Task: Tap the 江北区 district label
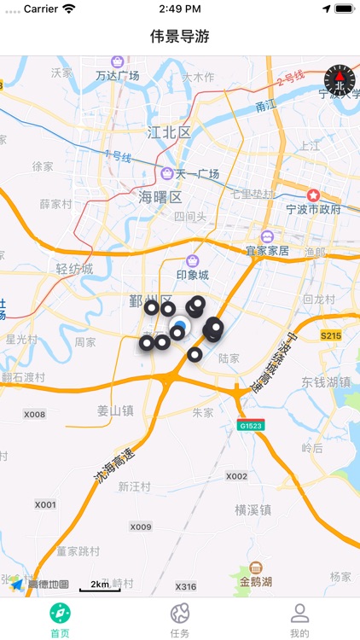point(169,132)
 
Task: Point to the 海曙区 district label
point(160,197)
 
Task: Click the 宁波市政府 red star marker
point(313,195)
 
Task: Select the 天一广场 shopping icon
point(167,174)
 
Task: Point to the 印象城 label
point(192,275)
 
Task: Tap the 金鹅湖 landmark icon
point(256,568)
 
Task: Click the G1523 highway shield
point(250,424)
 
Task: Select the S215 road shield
point(331,336)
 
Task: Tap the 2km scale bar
point(100,586)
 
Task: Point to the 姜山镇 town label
point(115,410)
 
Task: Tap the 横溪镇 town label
point(253,510)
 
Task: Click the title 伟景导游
point(180,37)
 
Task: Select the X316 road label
point(185,587)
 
